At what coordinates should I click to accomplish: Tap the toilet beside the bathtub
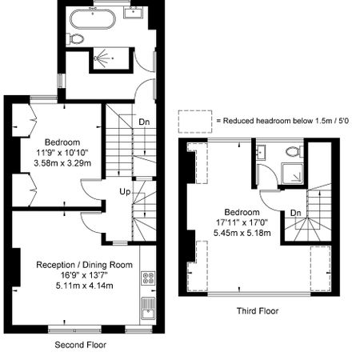tap(76, 38)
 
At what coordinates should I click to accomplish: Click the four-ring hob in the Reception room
tap(147, 278)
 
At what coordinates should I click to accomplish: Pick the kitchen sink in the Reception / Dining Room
tap(147, 306)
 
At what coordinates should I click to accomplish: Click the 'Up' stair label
tap(126, 193)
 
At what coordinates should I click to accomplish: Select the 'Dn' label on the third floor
tap(295, 212)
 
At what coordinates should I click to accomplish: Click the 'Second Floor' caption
tap(80, 345)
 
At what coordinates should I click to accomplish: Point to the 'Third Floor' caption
tap(258, 310)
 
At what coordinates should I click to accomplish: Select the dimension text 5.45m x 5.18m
tap(245, 234)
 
